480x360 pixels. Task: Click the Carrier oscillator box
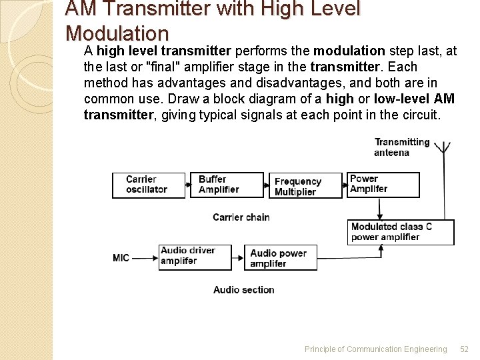click(x=148, y=185)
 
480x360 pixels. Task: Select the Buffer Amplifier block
click(x=226, y=185)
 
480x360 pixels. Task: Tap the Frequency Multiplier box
click(x=305, y=187)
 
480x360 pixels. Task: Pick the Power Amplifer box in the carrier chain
click(x=383, y=185)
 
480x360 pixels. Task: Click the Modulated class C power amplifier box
click(x=400, y=232)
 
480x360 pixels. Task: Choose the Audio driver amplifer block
click(x=195, y=257)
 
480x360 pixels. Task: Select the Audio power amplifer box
click(x=283, y=258)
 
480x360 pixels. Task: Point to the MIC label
click(x=121, y=258)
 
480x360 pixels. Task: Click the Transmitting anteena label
click(x=401, y=147)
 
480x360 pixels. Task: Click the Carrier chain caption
click(x=241, y=217)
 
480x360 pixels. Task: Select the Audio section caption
click(x=243, y=290)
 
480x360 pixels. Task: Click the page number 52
click(x=465, y=349)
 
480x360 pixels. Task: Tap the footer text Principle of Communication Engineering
click(x=375, y=349)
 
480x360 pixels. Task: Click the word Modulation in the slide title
click(x=117, y=33)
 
